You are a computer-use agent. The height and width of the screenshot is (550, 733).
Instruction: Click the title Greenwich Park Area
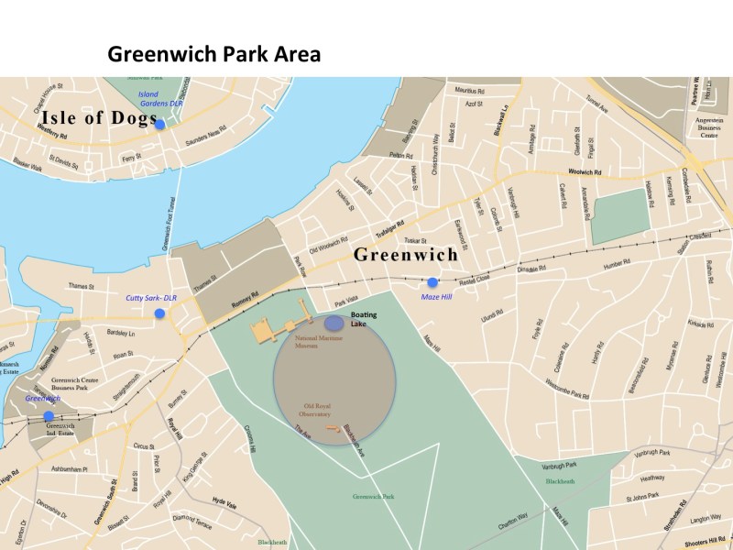[x=214, y=54]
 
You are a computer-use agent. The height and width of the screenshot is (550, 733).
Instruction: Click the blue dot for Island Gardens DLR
[x=160, y=125]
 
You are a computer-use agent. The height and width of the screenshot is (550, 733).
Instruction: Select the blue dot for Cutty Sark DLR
[x=160, y=313]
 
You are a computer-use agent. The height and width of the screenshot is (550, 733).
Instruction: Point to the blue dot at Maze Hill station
[x=432, y=282]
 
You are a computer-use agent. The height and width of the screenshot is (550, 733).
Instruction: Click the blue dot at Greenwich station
[x=49, y=416]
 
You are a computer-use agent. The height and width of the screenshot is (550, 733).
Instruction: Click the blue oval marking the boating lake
[x=334, y=323]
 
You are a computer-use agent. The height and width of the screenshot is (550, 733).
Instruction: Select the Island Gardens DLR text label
[x=160, y=99]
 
